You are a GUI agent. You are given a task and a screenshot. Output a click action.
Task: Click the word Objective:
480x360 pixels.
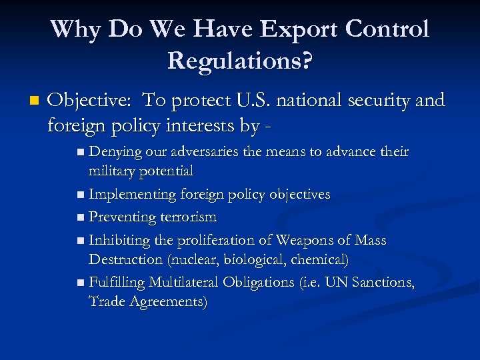(91, 101)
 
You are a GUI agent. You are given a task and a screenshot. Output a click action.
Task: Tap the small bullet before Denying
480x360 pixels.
(81, 153)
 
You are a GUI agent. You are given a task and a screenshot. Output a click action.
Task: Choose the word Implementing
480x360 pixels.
(131, 194)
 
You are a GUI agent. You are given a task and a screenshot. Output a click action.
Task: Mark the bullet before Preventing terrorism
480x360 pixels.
(81, 218)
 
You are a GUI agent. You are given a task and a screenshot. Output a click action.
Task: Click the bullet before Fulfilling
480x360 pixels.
(81, 283)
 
